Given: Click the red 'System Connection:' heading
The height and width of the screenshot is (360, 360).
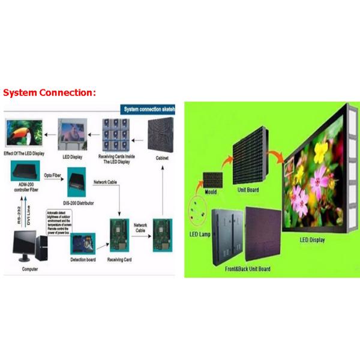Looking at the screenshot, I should coord(49,93).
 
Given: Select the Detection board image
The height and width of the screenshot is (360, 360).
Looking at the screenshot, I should coord(83,244).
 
